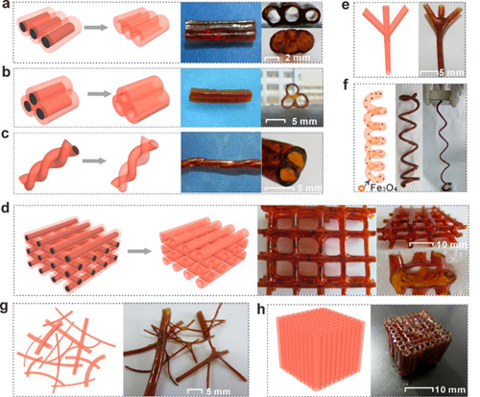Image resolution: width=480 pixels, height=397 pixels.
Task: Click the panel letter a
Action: pyautogui.click(x=5, y=6)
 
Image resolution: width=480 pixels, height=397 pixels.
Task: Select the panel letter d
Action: pyautogui.click(x=6, y=210)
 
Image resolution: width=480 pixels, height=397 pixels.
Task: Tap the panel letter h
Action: pyautogui.click(x=261, y=310)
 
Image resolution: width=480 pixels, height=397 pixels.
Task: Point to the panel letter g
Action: pyautogui.click(x=5, y=309)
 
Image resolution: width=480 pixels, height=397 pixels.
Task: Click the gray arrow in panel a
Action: pyautogui.click(x=96, y=27)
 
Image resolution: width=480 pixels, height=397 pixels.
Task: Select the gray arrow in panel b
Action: pyautogui.click(x=99, y=94)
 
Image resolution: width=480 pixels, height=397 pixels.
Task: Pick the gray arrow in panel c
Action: pyautogui.click(x=94, y=161)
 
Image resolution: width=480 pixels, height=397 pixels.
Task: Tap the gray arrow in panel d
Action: pyautogui.click(x=139, y=251)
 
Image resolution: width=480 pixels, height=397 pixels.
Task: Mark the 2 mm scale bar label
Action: pyautogui.click(x=298, y=58)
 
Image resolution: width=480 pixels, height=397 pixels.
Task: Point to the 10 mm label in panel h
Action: pyautogui.click(x=450, y=389)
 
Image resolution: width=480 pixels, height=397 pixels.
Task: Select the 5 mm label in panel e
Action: pyautogui.click(x=451, y=73)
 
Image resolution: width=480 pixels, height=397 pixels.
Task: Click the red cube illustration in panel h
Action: pyautogui.click(x=320, y=348)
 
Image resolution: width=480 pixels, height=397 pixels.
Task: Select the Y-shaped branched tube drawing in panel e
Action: pyautogui.click(x=386, y=39)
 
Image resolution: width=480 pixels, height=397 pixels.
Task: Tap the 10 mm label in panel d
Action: pyautogui.click(x=450, y=245)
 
